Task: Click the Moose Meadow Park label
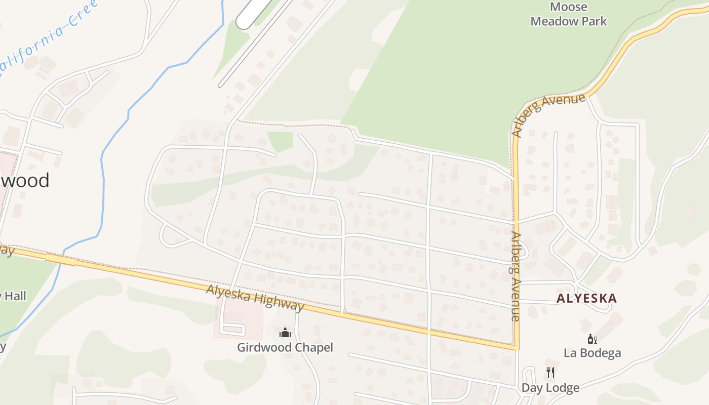568,14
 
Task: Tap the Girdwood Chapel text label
285,347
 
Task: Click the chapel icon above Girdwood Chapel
285,333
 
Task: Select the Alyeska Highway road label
255,298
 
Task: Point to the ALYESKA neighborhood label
586,298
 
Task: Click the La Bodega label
592,353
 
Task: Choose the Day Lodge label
550,388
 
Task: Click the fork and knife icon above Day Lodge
550,373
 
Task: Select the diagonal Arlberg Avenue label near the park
549,114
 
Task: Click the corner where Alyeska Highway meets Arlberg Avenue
516,348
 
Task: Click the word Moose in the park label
568,7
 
